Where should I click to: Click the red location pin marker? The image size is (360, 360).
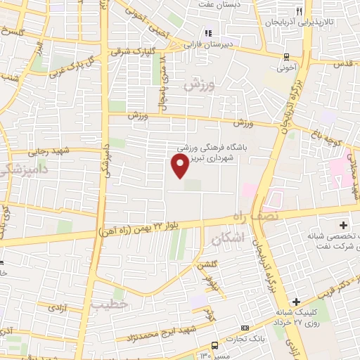(180, 166)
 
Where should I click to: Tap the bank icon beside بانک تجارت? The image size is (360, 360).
(244, 328)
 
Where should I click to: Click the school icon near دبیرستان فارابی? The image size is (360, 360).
(207, 33)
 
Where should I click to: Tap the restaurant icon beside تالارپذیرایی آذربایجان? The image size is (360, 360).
(299, 12)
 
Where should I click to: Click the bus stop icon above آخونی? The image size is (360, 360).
(286, 57)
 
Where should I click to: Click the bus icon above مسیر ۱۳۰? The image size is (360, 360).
(215, 345)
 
